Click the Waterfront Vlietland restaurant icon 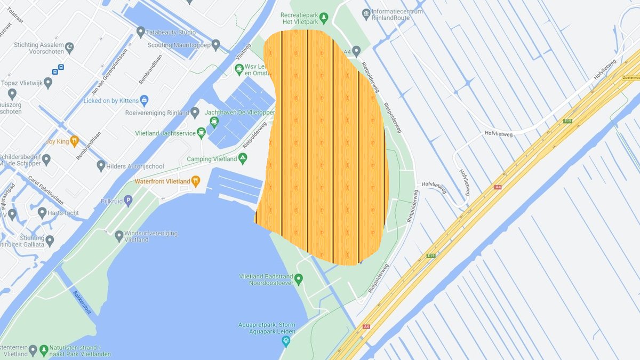(195, 181)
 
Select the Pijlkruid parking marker (127, 201)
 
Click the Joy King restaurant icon (75, 141)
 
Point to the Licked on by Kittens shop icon (144, 100)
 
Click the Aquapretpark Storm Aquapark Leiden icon (286, 340)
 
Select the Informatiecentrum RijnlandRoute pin (366, 13)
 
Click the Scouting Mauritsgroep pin (215, 45)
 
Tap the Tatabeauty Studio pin (141, 32)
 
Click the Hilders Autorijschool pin (101, 166)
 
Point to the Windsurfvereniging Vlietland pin (119, 236)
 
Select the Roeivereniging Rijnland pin (195, 112)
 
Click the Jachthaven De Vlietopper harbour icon (214, 122)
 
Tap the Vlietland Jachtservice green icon (201, 132)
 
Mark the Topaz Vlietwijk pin (48, 83)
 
